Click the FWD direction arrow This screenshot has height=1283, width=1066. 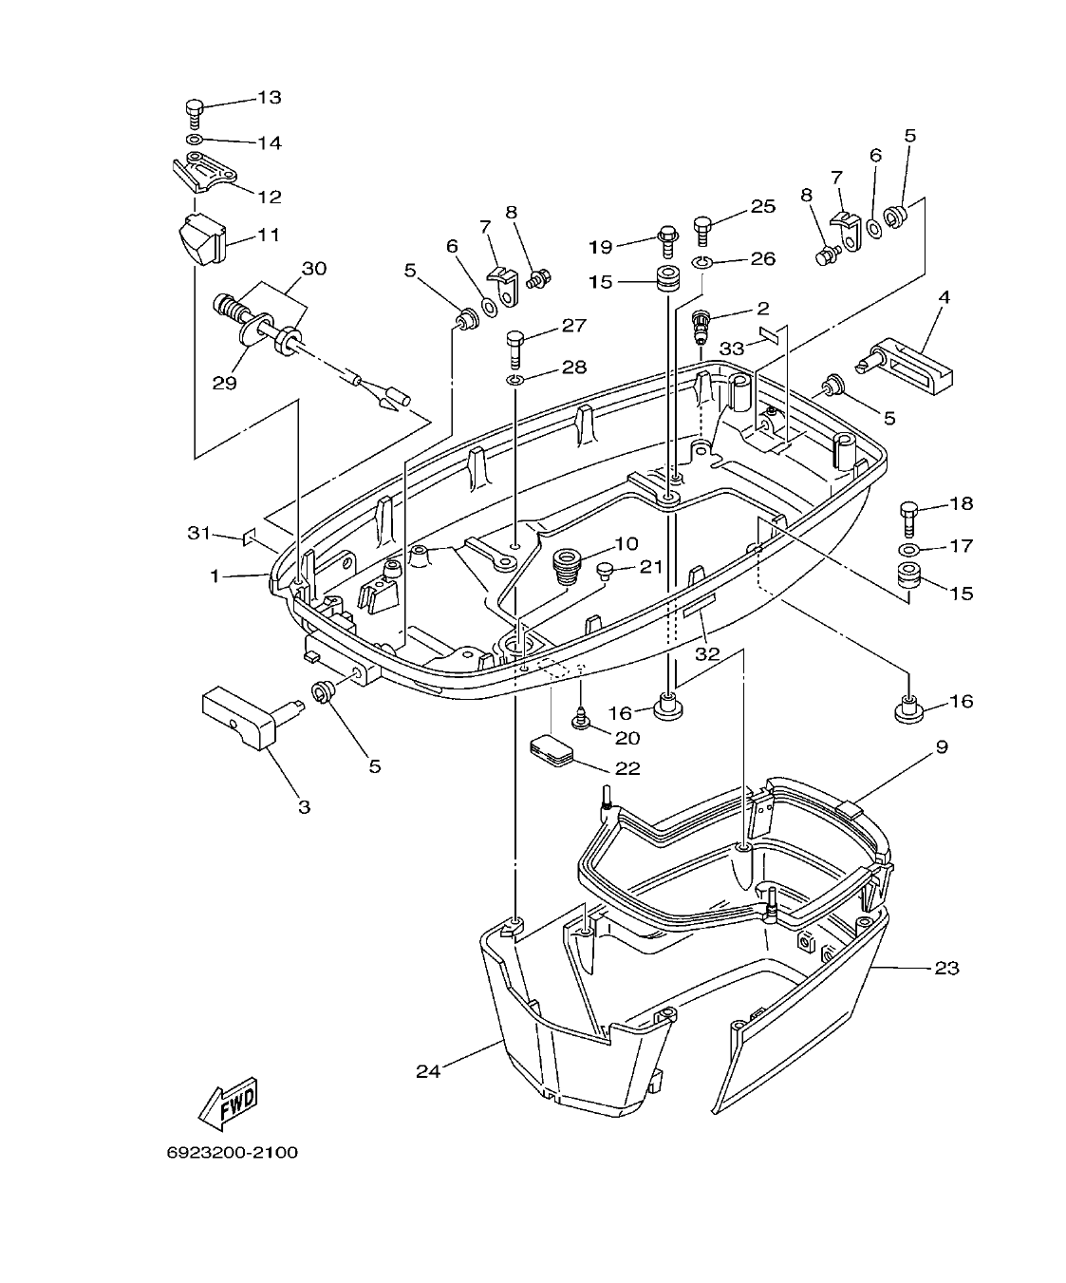(x=228, y=1103)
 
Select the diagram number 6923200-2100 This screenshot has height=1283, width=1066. (x=232, y=1153)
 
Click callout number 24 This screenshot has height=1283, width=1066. (x=428, y=1070)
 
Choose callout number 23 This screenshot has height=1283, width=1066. (x=945, y=969)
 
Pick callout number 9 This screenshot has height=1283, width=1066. (x=941, y=747)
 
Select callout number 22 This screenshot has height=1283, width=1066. (x=627, y=768)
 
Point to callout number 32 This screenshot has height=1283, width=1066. (x=707, y=653)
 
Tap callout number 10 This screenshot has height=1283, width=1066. (x=626, y=544)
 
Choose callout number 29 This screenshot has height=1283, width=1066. (x=224, y=383)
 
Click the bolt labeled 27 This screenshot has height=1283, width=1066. (x=515, y=348)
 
